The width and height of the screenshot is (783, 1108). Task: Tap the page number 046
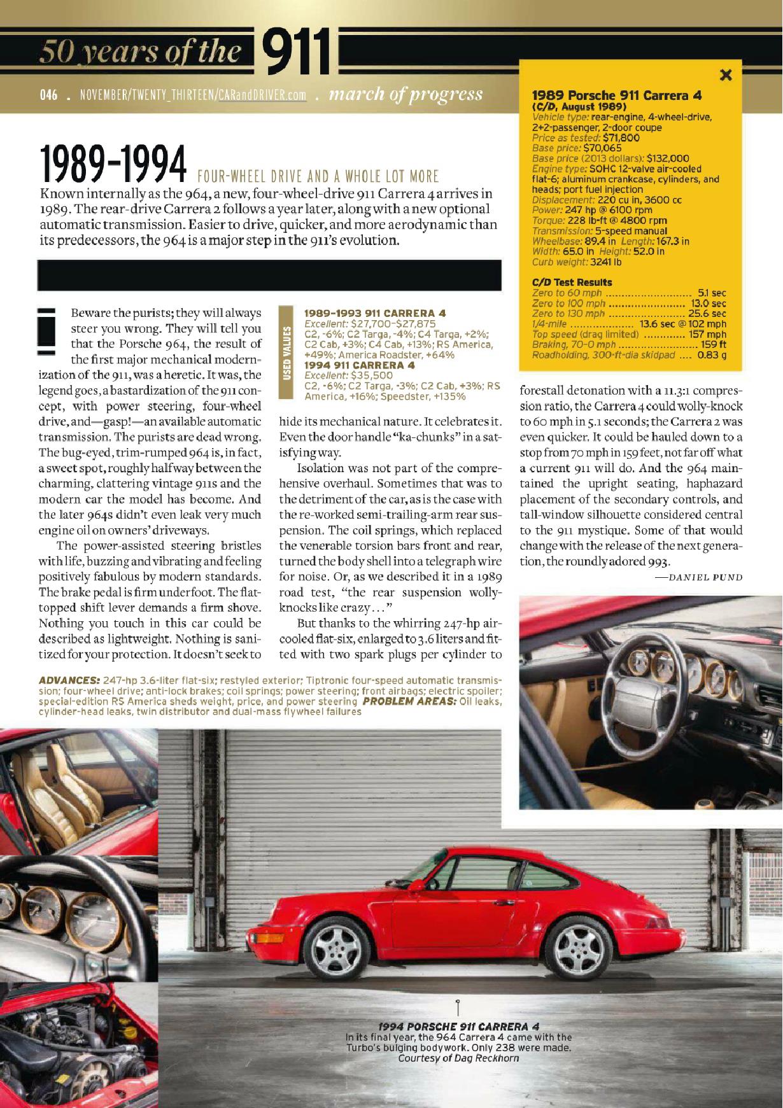(x=48, y=95)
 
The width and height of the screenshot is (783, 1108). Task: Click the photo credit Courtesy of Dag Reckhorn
(x=458, y=1058)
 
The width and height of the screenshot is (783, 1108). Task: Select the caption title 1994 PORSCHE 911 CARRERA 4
(x=458, y=1026)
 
